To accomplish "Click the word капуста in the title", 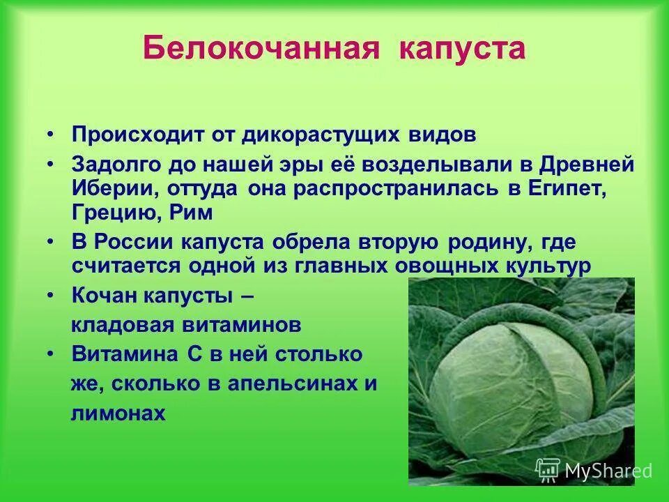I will (x=462, y=49).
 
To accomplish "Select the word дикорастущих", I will (x=312, y=135).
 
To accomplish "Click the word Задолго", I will (x=115, y=167).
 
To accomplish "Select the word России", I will (x=134, y=243).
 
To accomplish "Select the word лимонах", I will (x=118, y=413).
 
